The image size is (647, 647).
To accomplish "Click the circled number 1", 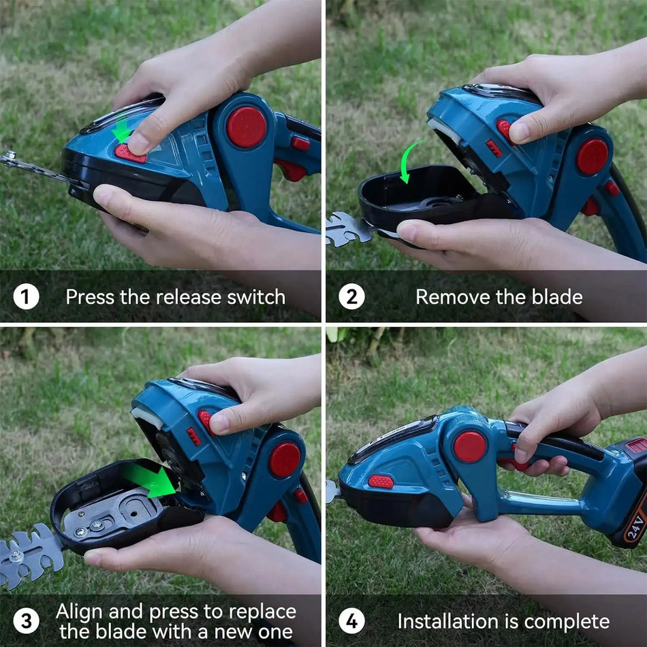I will (26, 297).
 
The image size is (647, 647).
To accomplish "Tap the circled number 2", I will (351, 297).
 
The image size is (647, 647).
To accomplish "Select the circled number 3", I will (26, 621).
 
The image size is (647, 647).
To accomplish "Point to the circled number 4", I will (351, 621).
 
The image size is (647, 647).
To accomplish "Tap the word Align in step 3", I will (81, 611).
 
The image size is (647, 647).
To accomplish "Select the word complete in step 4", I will (566, 622).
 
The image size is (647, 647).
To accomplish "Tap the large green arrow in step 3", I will (151, 482).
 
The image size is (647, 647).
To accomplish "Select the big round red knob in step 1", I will (247, 127).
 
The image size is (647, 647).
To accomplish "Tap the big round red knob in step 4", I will (470, 447).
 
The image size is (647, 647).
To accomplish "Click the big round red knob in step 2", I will (592, 157).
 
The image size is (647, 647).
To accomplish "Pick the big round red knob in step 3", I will (285, 460).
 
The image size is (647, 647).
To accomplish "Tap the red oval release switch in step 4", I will (381, 482).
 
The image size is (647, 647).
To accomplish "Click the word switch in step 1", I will (257, 297).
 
